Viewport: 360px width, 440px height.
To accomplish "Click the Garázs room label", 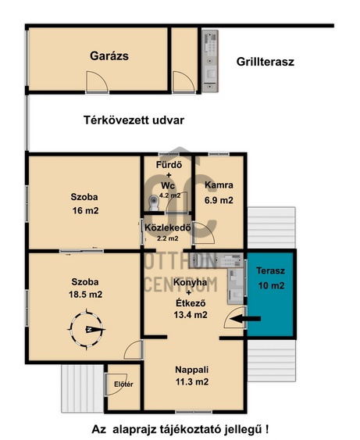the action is click(x=109, y=56).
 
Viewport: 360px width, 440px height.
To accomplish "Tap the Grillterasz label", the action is click(x=266, y=62).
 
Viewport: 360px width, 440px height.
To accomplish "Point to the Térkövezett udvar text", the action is click(x=134, y=120).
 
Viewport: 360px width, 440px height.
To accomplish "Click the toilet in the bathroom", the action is click(x=153, y=202).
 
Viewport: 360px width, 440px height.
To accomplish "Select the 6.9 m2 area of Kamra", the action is click(x=219, y=200).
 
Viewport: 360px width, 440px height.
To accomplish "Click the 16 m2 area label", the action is click(x=86, y=210).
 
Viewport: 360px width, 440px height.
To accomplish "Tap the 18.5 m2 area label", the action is click(x=86, y=295).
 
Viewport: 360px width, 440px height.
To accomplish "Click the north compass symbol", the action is click(x=87, y=330).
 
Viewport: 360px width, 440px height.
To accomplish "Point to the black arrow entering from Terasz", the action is click(x=245, y=319).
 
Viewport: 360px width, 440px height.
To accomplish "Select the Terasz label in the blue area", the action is click(x=270, y=270).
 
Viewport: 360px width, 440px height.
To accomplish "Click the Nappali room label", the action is click(x=192, y=370).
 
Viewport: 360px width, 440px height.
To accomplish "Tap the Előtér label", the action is click(x=123, y=385).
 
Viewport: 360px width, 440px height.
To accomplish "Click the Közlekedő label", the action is click(x=168, y=227).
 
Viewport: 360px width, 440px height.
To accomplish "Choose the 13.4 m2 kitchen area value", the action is click(x=191, y=315).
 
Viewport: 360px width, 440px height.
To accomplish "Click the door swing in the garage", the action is click(x=97, y=81).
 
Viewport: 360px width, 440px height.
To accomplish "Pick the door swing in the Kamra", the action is click(x=205, y=233).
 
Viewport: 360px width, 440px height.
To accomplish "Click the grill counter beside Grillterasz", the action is click(x=210, y=61).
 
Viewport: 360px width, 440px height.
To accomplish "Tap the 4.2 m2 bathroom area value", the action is click(x=170, y=195).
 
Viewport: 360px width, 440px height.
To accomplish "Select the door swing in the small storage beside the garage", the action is click(x=184, y=81).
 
